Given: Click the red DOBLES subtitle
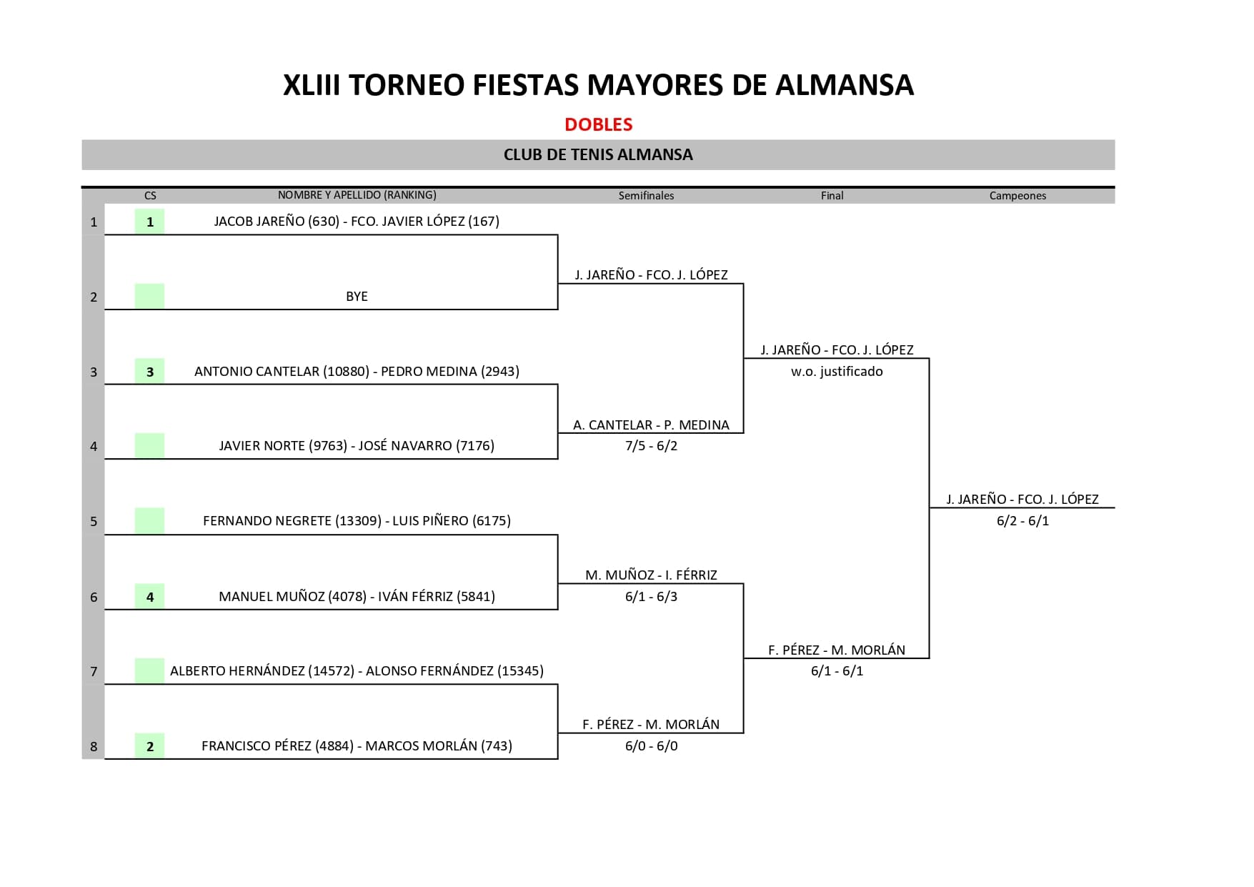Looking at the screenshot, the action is coord(599,124).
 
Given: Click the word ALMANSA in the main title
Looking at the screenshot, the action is coord(845,85).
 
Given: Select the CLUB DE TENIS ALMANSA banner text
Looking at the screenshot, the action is coord(598,154).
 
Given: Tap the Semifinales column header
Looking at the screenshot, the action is coord(646,196).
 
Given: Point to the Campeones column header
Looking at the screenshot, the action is coord(1017,196).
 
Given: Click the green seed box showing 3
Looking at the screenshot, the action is coord(149,371).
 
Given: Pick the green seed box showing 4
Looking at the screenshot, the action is coord(149,597).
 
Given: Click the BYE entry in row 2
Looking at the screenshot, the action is coord(357,297).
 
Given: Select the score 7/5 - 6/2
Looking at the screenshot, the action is coord(651,446).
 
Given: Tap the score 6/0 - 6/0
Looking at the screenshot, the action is coord(651,746).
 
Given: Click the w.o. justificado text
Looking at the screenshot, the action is coord(837,372).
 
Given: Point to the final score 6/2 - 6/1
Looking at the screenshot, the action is coord(1022,521).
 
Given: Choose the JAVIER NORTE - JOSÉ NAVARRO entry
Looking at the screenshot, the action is coord(357,446).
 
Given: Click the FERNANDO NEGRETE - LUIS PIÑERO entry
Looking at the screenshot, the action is coord(357,521).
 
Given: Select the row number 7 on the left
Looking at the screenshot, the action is coord(94,672).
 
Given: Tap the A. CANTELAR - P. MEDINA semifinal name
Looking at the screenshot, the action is coord(651,425).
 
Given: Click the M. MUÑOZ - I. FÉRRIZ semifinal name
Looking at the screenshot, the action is coord(651,575).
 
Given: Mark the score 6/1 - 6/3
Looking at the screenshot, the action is coord(651,597).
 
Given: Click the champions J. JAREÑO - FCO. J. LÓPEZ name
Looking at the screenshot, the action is coord(1022,500).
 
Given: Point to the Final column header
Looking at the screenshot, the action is coord(832,196).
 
